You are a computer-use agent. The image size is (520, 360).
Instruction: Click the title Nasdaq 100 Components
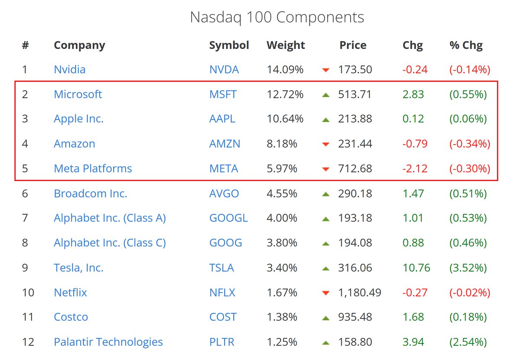[x=277, y=17]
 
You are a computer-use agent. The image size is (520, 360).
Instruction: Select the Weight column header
[x=286, y=45]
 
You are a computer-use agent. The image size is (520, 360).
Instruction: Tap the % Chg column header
[x=466, y=45]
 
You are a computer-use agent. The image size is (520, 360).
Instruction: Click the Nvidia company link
[x=69, y=69]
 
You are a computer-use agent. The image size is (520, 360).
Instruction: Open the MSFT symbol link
[x=223, y=94]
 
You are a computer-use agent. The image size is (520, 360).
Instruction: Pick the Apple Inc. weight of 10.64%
[x=285, y=119]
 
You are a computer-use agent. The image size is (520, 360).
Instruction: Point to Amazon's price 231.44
[x=355, y=144]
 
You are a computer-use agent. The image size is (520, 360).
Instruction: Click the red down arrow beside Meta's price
[x=326, y=169]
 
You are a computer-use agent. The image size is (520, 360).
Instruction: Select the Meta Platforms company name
[x=93, y=169]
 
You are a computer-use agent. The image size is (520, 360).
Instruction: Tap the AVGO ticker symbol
[x=224, y=193]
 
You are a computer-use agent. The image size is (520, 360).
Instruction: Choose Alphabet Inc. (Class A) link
[x=110, y=218]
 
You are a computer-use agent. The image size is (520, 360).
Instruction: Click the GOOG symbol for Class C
[x=225, y=243]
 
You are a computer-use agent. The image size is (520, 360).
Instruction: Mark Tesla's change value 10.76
[x=416, y=268]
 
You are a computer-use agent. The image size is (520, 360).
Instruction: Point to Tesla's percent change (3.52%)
[x=468, y=268]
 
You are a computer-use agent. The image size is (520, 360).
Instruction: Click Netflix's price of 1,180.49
[x=360, y=292]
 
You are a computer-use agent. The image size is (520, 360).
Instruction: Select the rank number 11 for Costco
[x=28, y=317]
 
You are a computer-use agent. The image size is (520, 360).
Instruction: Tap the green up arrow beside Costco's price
[x=326, y=318]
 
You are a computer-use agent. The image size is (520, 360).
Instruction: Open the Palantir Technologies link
[x=108, y=342]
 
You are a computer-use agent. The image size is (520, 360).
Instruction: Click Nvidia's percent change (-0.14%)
[x=470, y=69]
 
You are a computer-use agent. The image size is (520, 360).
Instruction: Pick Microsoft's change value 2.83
[x=413, y=94]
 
